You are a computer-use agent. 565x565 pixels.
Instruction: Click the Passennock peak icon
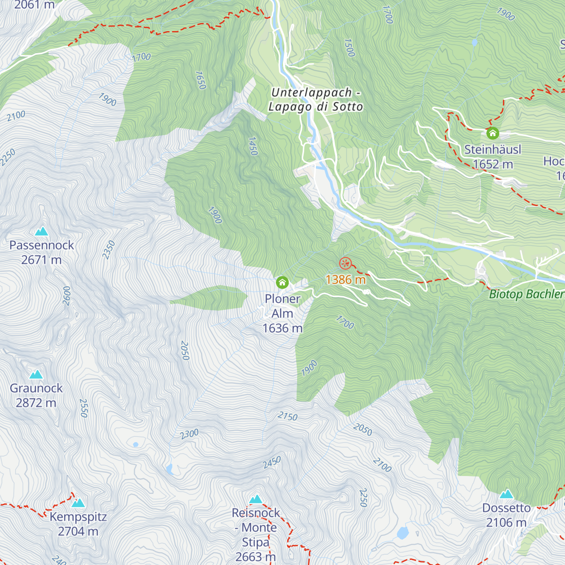pos(41,231)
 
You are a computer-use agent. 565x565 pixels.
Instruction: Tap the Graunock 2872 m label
pos(36,395)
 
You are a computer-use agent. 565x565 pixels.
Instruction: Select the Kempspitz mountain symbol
pos(78,503)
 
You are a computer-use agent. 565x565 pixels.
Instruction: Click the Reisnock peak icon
pos(256,499)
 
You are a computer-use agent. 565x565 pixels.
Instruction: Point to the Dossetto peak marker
pos(507,494)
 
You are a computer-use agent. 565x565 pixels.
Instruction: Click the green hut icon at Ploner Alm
pos(282,282)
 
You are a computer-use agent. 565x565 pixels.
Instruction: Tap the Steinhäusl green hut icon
pos(492,133)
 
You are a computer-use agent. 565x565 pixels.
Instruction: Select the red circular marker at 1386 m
pos(345,263)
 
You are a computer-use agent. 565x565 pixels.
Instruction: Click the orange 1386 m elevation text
pos(346,280)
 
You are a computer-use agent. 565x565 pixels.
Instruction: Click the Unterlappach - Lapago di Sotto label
pos(315,100)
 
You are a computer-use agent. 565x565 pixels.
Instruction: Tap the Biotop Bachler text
pos(526,295)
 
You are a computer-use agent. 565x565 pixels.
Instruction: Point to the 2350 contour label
pos(109,250)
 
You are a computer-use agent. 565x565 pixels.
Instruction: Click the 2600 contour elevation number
pos(66,296)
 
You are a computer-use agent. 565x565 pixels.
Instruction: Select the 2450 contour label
pos(272,462)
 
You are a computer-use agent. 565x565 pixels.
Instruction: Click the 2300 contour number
pos(189,434)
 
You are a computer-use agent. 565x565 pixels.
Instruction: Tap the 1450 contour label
pos(253,146)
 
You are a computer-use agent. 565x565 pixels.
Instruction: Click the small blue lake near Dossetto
pos(403,533)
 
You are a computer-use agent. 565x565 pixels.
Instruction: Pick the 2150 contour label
pos(287,416)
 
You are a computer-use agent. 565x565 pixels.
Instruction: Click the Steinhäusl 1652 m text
pos(492,157)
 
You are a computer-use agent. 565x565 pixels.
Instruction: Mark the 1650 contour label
pos(200,80)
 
